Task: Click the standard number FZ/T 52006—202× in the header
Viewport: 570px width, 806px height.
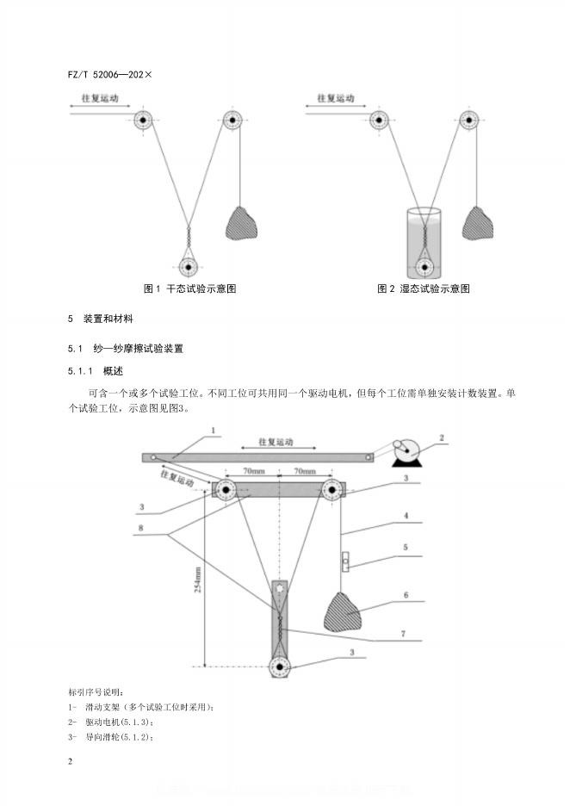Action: [x=109, y=74]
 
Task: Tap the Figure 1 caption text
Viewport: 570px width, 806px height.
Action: [x=189, y=288]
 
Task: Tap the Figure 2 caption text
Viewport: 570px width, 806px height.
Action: [x=424, y=288]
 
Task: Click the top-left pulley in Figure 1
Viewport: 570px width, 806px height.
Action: [x=143, y=121]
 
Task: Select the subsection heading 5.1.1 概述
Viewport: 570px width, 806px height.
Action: [x=96, y=371]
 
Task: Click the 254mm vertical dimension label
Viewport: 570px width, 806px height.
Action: [x=197, y=576]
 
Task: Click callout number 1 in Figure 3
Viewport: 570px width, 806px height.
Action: [x=214, y=430]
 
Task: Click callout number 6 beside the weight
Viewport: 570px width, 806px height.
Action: [x=406, y=595]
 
